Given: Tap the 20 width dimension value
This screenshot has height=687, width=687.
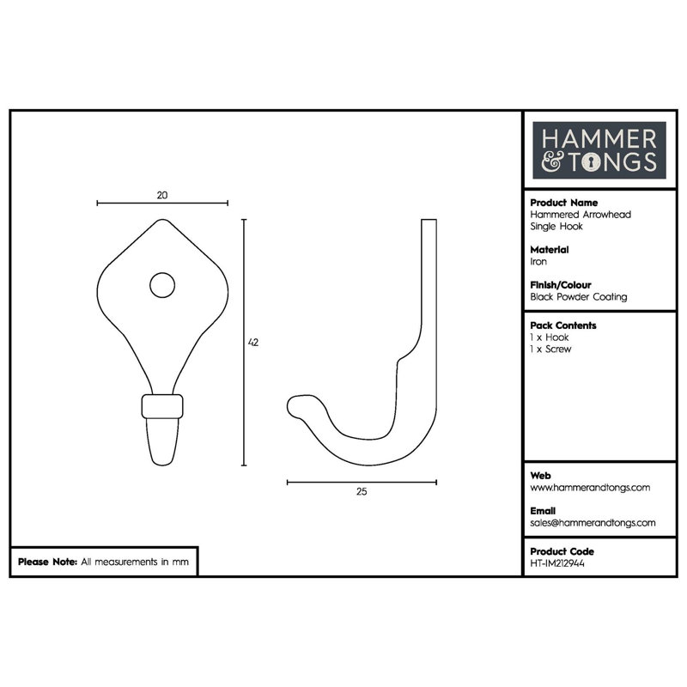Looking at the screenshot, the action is (162, 196).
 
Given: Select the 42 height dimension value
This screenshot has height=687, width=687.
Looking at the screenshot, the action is (253, 342).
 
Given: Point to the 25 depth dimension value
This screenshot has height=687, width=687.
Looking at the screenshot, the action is (362, 491).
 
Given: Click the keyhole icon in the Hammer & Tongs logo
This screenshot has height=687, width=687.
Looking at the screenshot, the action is (592, 162).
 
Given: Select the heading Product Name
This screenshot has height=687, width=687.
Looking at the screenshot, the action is (564, 203).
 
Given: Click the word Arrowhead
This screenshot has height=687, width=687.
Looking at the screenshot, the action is (606, 215).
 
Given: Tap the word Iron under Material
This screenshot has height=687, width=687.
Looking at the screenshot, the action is (538, 262).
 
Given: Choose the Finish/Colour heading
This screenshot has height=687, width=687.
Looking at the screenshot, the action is (561, 285).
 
